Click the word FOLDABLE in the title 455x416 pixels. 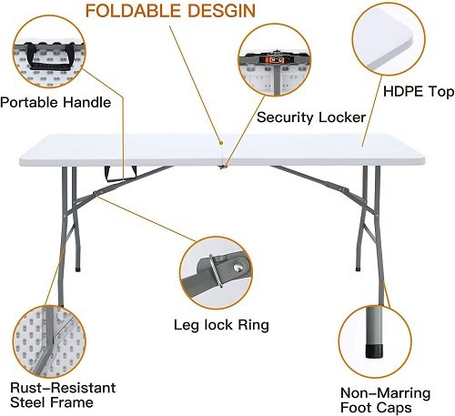coord(134,11)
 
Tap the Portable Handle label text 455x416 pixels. coord(56,102)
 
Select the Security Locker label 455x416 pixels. coord(311,117)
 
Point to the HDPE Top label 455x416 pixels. coord(419,92)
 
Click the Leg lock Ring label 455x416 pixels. coord(221,325)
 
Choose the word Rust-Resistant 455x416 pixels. coord(63,388)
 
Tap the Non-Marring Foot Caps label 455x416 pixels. coord(385,400)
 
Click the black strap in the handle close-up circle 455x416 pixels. coord(48,56)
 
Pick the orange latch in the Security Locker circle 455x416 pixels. coord(275,60)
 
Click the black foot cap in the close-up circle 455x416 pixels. coord(374,350)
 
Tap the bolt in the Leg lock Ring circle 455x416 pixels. coord(238,267)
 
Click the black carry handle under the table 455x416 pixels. coord(120,174)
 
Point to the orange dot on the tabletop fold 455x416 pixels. coord(221,143)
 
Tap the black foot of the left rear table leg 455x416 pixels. coord(78,269)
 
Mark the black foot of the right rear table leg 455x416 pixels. coord(358,269)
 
